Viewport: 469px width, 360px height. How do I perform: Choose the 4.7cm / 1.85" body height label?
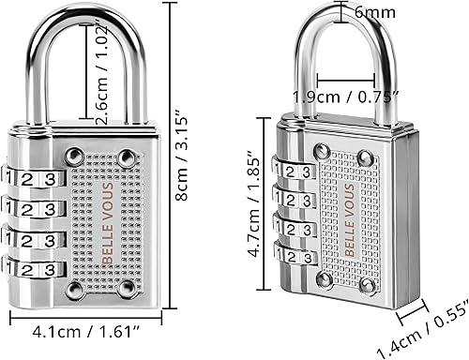click(251, 208)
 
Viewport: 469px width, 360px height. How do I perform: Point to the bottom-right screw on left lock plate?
click(128, 290)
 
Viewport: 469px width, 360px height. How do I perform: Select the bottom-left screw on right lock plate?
click(325, 278)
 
